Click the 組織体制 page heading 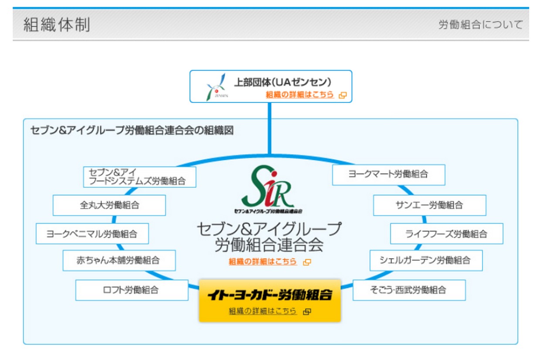57,25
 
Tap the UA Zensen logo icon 217,86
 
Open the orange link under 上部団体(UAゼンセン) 300,95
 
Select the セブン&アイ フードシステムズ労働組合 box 139,177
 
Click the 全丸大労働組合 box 109,205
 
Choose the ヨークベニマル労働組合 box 92,234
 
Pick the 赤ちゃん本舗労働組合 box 119,260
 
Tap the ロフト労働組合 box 132,290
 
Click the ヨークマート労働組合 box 388,174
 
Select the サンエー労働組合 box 429,205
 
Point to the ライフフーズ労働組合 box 446,234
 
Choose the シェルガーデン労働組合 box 426,260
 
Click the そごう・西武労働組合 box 409,290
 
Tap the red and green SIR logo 269,187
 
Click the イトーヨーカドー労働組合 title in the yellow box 269,295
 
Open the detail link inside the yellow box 263,311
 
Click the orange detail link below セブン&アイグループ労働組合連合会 263,262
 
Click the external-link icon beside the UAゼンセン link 343,95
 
